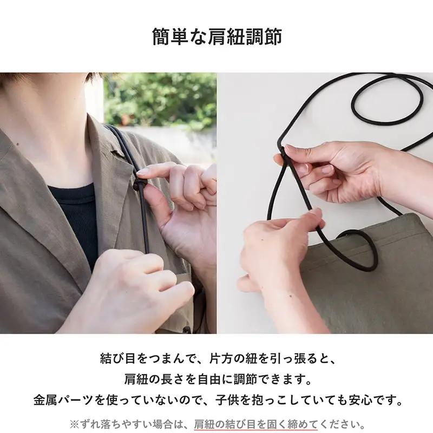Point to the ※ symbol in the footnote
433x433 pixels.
point(74,423)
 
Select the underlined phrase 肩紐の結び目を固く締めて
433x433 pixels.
point(256,423)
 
